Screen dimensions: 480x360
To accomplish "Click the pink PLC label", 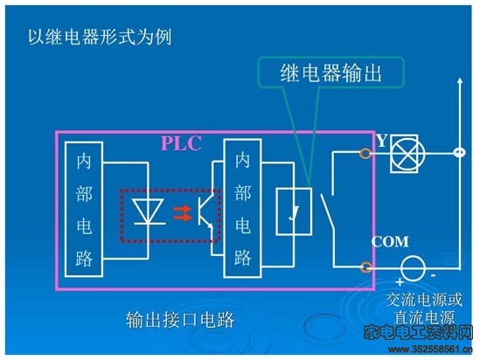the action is tap(181, 143).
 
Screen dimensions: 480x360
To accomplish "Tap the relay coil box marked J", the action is tap(294, 211).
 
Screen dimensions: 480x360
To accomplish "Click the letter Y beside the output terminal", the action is tap(382, 141).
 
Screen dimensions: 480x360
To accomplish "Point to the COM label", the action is tap(390, 242).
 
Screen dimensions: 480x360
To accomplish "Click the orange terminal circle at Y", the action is tap(365, 153).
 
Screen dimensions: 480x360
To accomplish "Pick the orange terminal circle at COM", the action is tap(365, 267).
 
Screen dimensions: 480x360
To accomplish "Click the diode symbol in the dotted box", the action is tap(149, 211).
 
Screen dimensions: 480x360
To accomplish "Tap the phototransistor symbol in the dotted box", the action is tap(206, 211).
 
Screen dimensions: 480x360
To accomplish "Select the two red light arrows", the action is tap(182, 213).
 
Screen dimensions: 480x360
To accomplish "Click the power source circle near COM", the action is tap(413, 268).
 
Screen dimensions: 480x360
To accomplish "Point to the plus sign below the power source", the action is tap(400, 281).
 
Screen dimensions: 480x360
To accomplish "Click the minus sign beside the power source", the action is tap(433, 276).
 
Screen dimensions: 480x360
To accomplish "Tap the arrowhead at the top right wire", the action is tap(460, 80).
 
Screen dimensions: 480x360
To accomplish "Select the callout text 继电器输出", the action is tap(330, 73).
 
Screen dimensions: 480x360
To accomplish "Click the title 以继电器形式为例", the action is tap(100, 38).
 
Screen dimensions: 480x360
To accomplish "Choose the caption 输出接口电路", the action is tap(180, 320).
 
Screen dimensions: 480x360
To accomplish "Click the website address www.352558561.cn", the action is tap(430, 350).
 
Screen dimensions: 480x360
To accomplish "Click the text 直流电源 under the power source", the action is tap(424, 317).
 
